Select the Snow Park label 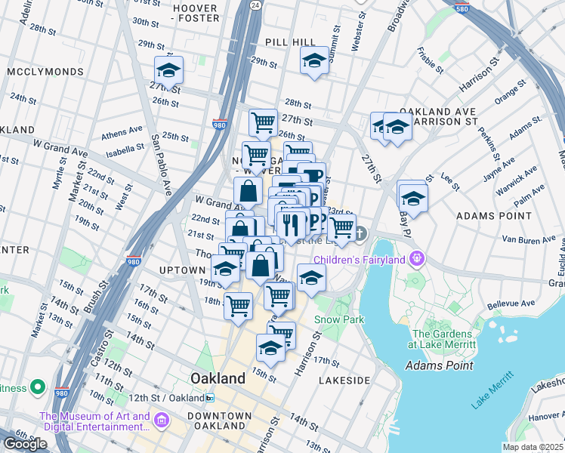339,319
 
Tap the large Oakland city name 218,377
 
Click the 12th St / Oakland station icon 211,398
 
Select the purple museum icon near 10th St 160,420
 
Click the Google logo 25,444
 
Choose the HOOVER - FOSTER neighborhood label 196,14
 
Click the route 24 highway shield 255,5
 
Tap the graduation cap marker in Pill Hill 313,62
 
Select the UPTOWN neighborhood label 182,270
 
